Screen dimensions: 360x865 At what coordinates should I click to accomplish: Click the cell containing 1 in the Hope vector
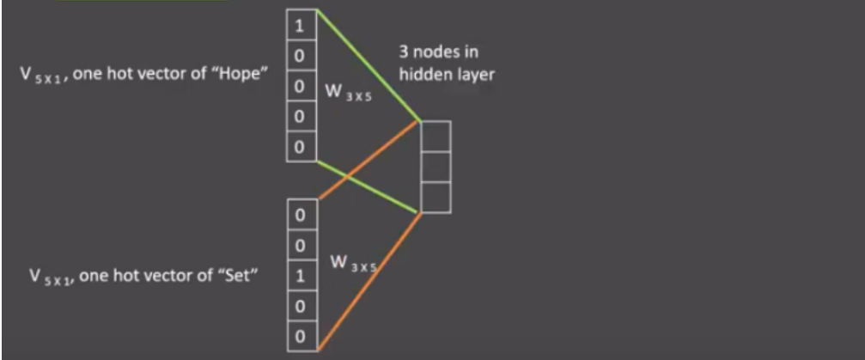click(300, 27)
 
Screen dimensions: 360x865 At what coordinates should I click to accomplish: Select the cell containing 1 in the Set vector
click(300, 277)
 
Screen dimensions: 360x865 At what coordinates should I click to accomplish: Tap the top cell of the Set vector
click(300, 215)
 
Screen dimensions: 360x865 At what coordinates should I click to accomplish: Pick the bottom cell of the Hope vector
click(300, 147)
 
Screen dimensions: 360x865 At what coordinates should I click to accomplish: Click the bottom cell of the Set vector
click(300, 335)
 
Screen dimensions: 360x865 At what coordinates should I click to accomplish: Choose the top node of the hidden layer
click(435, 136)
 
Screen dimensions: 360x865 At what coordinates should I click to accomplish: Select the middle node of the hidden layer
click(435, 167)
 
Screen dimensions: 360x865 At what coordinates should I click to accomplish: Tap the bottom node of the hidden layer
click(435, 197)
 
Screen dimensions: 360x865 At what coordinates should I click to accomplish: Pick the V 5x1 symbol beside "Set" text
click(43, 279)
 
